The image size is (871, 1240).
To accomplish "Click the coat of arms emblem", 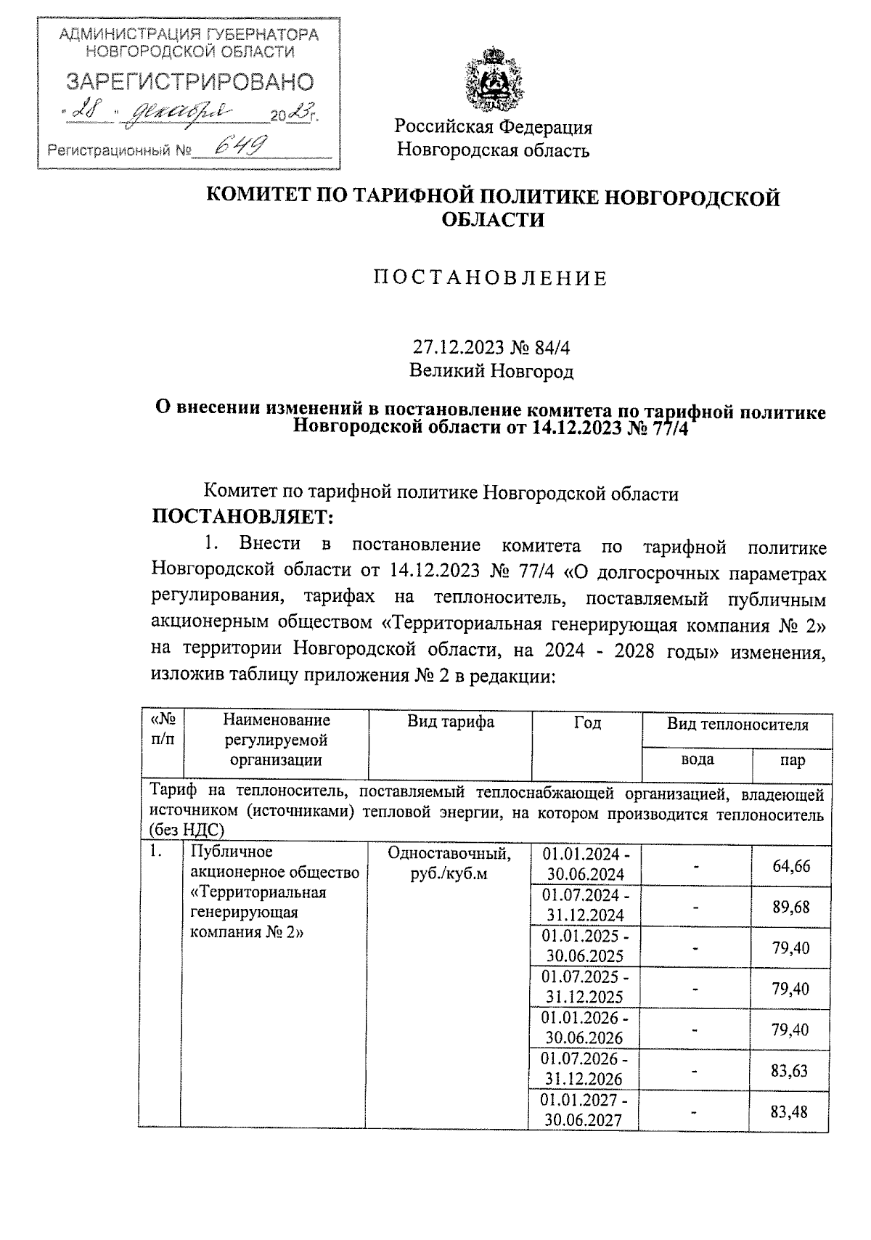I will click(494, 78).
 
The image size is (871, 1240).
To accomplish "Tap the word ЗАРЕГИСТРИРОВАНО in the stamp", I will click(190, 82).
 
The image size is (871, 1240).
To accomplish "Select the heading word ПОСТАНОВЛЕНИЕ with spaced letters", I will click(490, 279).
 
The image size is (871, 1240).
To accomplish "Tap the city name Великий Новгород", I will click(491, 372).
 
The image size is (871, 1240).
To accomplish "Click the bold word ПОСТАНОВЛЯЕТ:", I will click(242, 518).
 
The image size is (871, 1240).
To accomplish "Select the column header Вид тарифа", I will click(450, 722).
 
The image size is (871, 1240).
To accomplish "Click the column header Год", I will click(586, 722).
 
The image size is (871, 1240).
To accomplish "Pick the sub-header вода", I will click(696, 759).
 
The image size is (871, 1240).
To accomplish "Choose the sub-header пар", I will click(792, 760).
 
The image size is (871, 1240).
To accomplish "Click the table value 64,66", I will click(791, 866).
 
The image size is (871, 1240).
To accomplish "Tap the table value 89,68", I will click(791, 907).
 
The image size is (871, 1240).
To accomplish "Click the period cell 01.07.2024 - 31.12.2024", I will click(586, 905).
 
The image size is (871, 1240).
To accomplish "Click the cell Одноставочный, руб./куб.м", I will click(449, 863).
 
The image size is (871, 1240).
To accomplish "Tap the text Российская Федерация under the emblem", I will click(494, 128).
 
